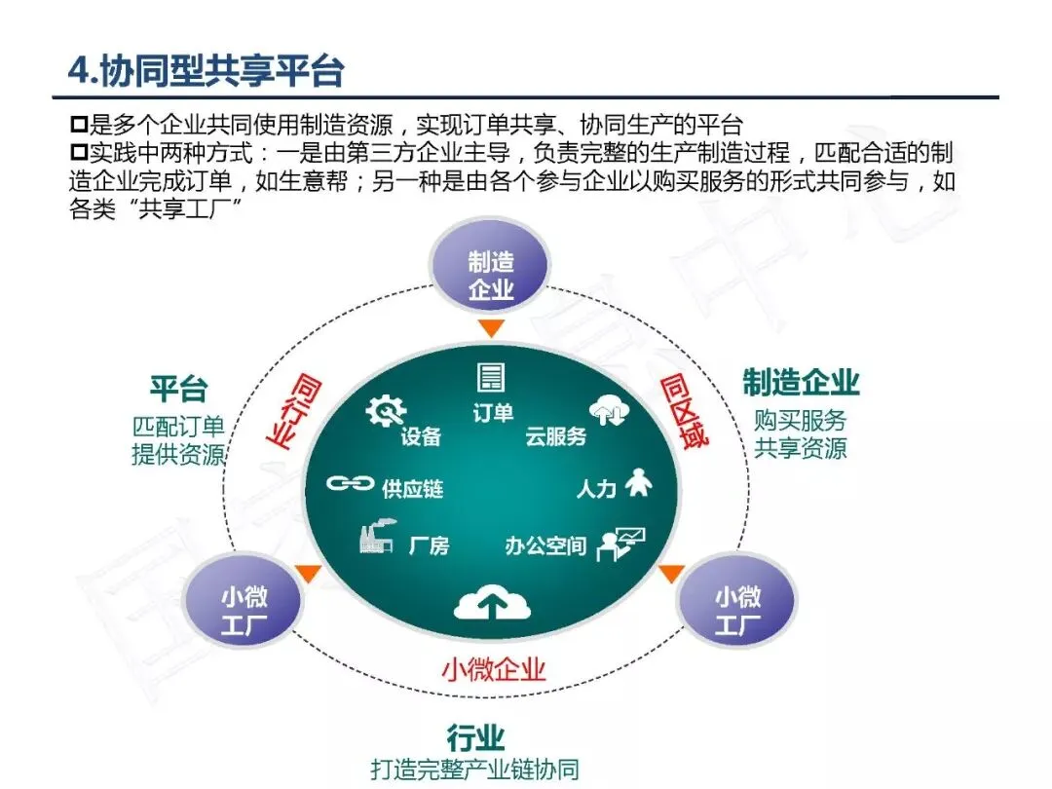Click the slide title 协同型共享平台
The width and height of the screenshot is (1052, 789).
[x=206, y=70]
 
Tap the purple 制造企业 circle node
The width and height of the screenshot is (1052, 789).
[x=491, y=276]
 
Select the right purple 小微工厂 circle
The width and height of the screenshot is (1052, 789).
[x=737, y=610]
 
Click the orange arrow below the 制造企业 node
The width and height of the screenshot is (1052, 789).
[x=491, y=328]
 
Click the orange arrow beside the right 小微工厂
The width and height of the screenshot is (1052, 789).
[x=671, y=574]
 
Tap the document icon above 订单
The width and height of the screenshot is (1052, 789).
[x=491, y=377]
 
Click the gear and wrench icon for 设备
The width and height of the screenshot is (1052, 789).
[x=385, y=411]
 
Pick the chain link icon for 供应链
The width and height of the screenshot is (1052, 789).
[x=350, y=482]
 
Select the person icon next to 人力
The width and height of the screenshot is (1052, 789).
[x=638, y=482]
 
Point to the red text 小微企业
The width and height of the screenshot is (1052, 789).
[x=493, y=669]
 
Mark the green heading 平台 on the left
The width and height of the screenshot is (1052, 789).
[x=178, y=389]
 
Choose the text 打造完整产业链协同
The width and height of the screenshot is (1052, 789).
[x=474, y=769]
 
